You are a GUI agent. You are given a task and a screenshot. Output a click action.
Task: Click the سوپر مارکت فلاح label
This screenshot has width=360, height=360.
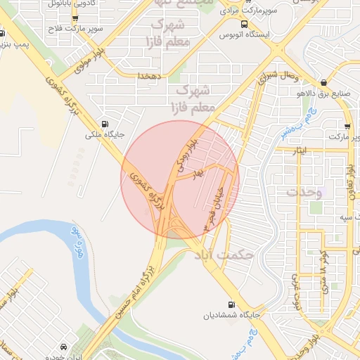click(x=82, y=28)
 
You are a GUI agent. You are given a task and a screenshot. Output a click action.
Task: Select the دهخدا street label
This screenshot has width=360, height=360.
click(x=151, y=75)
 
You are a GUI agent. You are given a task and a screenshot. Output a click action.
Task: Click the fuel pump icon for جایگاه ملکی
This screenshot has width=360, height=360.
click(x=105, y=121)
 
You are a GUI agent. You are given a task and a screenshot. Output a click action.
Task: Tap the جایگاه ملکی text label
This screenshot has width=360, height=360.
click(x=105, y=133)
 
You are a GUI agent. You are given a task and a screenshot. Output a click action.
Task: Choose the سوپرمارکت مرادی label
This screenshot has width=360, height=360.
click(x=240, y=12)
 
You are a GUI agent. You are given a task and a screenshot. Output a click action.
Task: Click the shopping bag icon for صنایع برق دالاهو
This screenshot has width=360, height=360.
click(x=323, y=83)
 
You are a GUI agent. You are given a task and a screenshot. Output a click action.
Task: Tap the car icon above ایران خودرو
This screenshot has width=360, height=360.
click(x=64, y=347)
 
